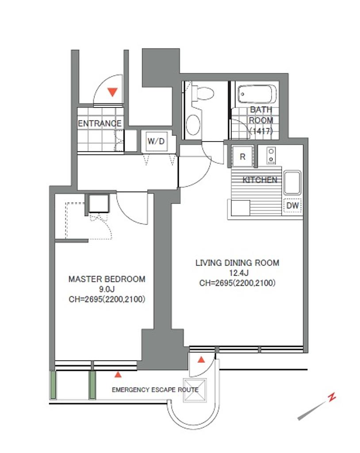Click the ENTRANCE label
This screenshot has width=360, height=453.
[x=100, y=124]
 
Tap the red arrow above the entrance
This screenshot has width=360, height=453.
[x=112, y=92]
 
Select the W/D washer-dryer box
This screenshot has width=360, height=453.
[x=156, y=141]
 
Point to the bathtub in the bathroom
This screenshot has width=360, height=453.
[x=256, y=94]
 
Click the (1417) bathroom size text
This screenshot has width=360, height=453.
[x=261, y=131]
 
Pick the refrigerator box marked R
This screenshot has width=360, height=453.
[x=242, y=156]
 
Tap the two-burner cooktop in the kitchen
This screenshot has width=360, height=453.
[x=271, y=156]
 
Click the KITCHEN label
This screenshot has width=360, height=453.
[x=260, y=180]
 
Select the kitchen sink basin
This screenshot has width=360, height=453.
[x=292, y=183]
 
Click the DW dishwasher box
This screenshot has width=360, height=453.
[x=292, y=206]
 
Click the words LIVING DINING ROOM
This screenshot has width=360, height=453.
[x=237, y=263]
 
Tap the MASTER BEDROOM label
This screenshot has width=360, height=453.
[x=107, y=279]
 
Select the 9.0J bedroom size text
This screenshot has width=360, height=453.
[x=107, y=289]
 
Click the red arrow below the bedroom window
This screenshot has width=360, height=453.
[x=118, y=375]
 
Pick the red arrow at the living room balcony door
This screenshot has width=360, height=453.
[x=201, y=360]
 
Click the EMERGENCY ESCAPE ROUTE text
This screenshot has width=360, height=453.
[x=155, y=390]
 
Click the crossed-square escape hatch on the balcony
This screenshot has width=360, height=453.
[x=195, y=390]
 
